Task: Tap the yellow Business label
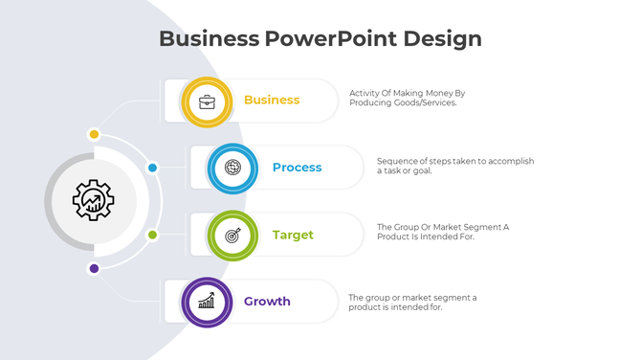click(x=272, y=100)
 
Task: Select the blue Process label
click(x=297, y=168)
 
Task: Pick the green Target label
click(x=293, y=235)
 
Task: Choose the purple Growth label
click(x=267, y=302)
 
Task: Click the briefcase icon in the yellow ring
click(x=207, y=101)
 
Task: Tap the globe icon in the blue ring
click(x=232, y=168)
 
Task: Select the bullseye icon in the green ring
click(x=232, y=235)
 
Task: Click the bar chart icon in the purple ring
click(x=207, y=303)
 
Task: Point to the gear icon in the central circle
click(x=94, y=201)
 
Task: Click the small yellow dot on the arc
click(x=94, y=134)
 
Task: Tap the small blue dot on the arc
click(x=152, y=168)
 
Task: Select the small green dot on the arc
click(x=152, y=235)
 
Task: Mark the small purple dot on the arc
click(x=94, y=268)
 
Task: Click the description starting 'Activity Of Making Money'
click(x=407, y=98)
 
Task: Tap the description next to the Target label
click(x=442, y=232)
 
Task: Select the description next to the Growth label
click(x=412, y=302)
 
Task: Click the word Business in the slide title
click(x=209, y=38)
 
